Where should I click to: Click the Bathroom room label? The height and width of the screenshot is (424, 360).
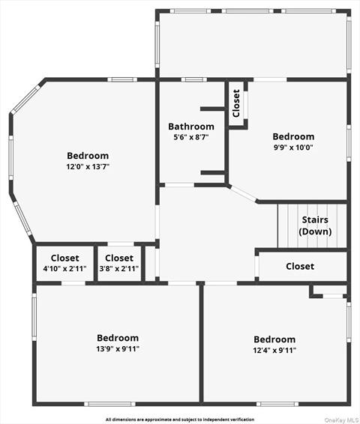(x=191, y=127)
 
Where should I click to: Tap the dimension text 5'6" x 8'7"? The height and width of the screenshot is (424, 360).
(x=191, y=138)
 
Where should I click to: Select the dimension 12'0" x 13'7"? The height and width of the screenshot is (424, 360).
(x=88, y=167)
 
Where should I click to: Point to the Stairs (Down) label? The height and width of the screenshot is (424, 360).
(x=316, y=225)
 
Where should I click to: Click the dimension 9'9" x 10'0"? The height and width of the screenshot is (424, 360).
(x=292, y=148)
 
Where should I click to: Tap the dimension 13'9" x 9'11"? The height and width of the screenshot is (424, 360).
(x=118, y=348)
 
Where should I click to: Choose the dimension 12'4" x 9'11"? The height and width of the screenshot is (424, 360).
(x=274, y=350)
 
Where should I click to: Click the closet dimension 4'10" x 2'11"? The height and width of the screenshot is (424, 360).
(x=64, y=268)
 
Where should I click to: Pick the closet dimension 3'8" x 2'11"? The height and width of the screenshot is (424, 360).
(x=119, y=268)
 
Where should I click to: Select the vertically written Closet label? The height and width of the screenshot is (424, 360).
(x=236, y=103)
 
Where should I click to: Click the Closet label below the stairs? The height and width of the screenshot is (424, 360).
(x=300, y=266)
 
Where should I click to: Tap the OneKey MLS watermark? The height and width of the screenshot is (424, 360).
(x=340, y=420)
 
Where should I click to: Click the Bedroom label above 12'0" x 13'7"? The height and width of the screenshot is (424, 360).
(x=88, y=156)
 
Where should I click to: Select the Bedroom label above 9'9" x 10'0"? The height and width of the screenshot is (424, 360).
(x=293, y=136)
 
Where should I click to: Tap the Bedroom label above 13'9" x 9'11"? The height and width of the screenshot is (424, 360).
(x=118, y=338)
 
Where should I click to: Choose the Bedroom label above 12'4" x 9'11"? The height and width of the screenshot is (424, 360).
(x=274, y=339)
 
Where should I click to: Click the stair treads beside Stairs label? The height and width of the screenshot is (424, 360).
(x=289, y=225)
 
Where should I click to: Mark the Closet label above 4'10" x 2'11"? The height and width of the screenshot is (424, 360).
(x=65, y=258)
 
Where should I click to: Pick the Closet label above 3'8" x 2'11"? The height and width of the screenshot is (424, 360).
(x=119, y=258)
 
